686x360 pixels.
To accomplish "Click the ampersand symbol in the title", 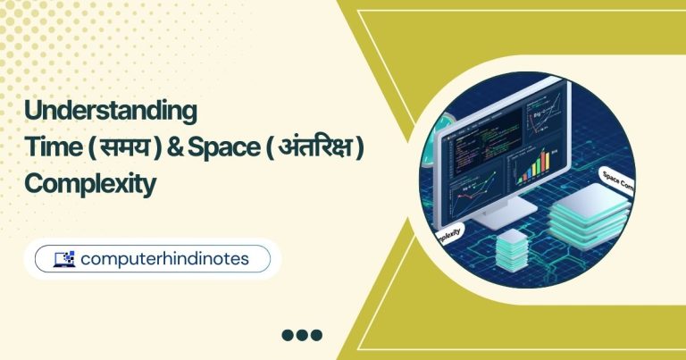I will pos(197,148).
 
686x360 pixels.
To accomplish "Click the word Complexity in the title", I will pos(90,184).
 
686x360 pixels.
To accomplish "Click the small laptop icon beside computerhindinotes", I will pos(64,259).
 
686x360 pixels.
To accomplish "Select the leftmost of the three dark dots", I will pos(288,336).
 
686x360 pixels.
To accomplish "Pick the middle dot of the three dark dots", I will pos(302,336).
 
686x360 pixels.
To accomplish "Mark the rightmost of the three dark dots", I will pos(316,336).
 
